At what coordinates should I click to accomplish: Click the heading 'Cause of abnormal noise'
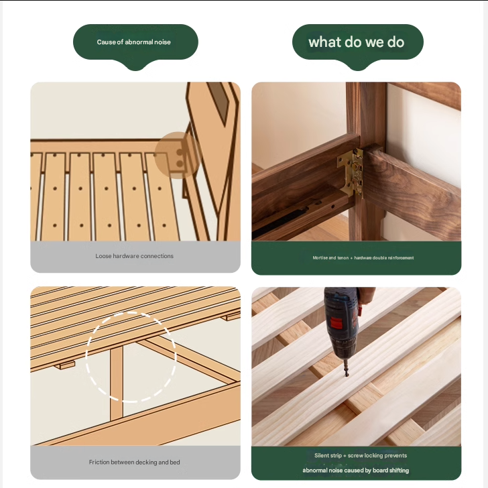(x=134, y=42)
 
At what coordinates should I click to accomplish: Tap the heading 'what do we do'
(x=356, y=42)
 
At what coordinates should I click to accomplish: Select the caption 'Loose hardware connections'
(x=135, y=256)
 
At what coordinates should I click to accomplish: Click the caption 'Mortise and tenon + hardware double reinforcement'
(x=363, y=257)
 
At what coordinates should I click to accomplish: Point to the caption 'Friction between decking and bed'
(x=135, y=462)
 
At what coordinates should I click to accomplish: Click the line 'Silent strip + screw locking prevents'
(x=361, y=455)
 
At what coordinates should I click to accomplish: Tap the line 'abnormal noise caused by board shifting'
(x=356, y=471)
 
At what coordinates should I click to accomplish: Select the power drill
(x=342, y=330)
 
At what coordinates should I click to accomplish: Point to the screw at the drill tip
(x=346, y=370)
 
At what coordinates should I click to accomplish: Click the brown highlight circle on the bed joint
(x=178, y=155)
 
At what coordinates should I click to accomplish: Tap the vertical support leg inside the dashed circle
(x=117, y=382)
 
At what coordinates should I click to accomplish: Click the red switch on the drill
(x=336, y=323)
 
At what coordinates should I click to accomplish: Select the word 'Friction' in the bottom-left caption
(x=99, y=462)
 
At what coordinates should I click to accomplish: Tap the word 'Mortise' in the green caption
(x=320, y=257)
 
